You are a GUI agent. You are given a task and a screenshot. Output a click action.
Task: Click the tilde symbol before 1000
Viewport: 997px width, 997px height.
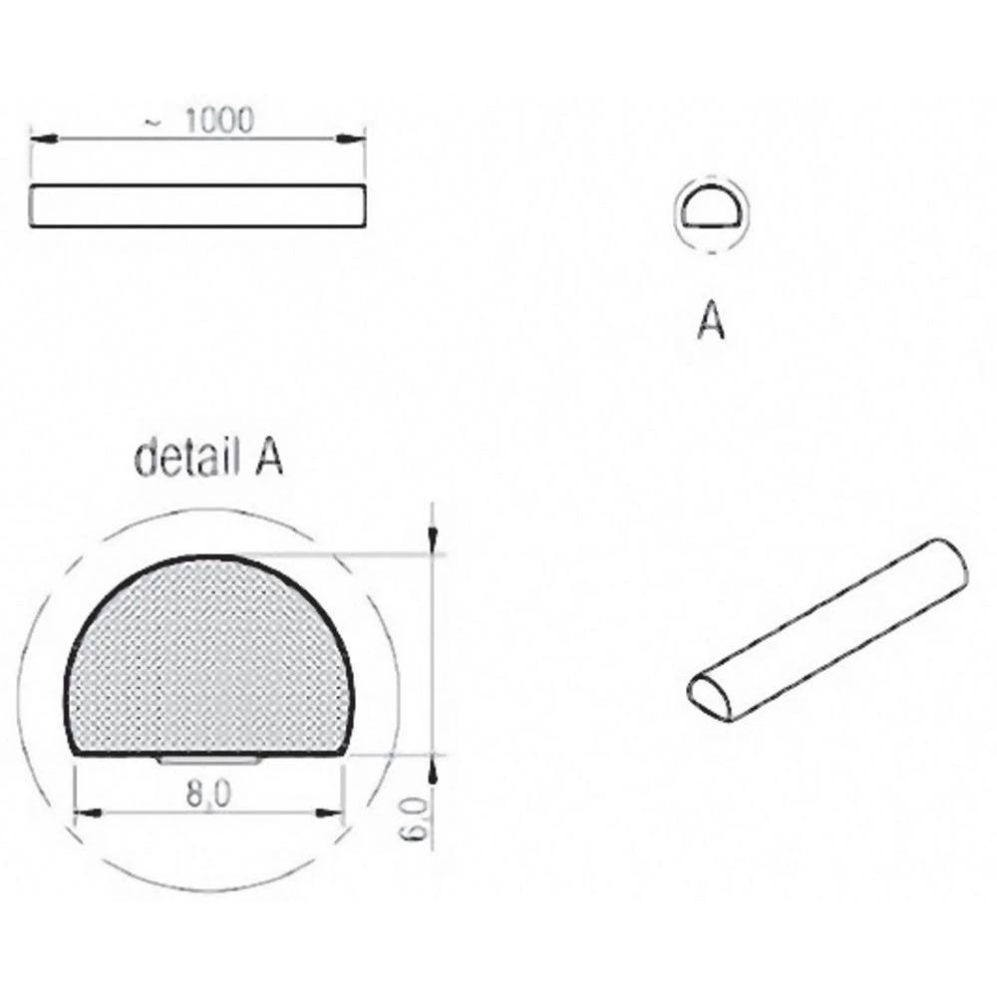coord(152,123)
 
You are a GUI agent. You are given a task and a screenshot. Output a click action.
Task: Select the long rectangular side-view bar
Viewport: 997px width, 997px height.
coord(197,205)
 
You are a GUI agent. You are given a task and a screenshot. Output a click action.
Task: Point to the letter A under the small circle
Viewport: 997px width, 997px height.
coord(710,322)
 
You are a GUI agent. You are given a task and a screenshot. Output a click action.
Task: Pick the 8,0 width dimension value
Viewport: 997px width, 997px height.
coord(209,794)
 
